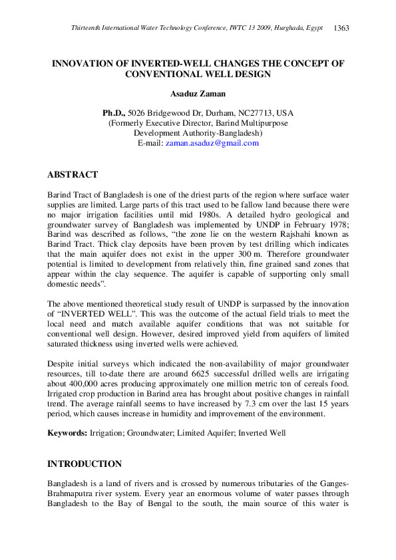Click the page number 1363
(341, 28)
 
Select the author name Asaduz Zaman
(198, 94)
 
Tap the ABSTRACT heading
(73, 175)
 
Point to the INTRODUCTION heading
(85, 464)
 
